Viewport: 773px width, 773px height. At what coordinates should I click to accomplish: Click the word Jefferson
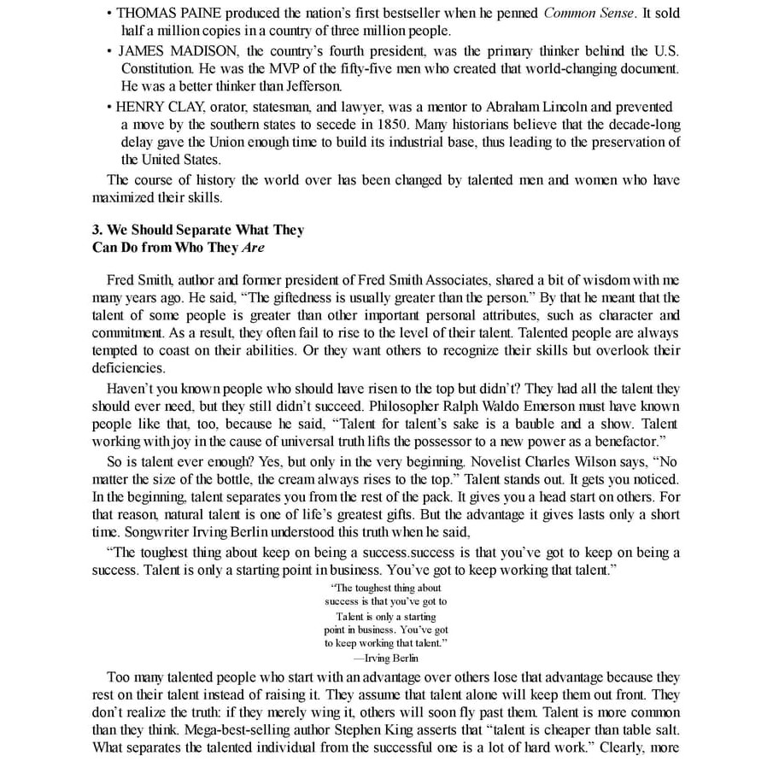[x=313, y=86]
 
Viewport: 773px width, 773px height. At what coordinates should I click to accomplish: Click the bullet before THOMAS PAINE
[x=109, y=14]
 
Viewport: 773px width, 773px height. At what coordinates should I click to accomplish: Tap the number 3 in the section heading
[x=97, y=230]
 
